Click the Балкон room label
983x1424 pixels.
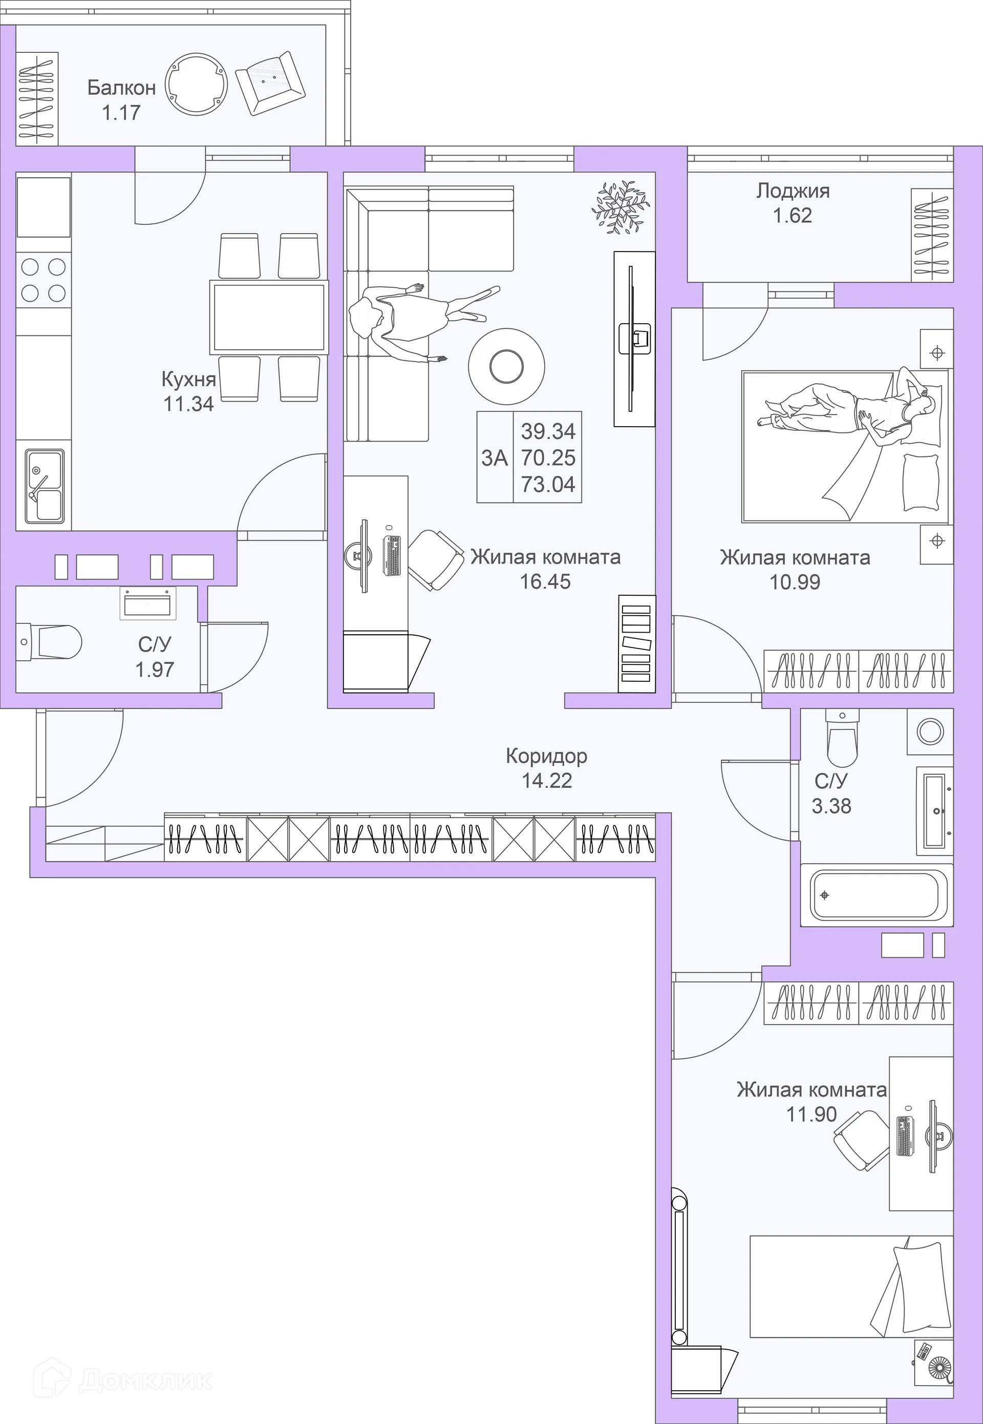(121, 88)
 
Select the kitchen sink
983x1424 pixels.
(45, 486)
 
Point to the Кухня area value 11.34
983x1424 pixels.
(188, 404)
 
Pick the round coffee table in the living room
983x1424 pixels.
(506, 367)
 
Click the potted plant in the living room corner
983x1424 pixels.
(620, 207)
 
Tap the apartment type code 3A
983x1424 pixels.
(495, 458)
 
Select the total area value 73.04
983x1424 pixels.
(548, 485)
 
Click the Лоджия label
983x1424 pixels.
(793, 191)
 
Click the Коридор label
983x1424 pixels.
(546, 756)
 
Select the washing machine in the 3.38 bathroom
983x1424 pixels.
(929, 731)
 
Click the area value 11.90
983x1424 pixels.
(811, 1114)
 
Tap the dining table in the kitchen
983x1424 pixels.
(269, 317)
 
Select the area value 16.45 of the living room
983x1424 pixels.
(545, 582)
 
